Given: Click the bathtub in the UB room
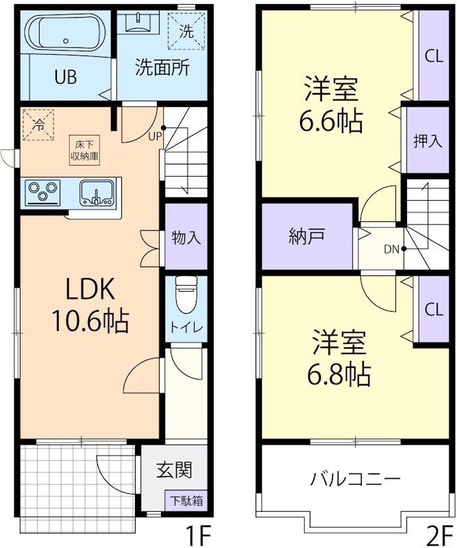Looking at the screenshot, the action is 65,34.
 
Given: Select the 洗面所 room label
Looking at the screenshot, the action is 162,67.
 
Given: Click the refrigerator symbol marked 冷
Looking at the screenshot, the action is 38,125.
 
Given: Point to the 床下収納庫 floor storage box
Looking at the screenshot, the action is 84,150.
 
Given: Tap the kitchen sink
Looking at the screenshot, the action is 97,192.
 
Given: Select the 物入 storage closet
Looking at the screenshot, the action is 186,236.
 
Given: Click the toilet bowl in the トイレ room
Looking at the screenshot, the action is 186,294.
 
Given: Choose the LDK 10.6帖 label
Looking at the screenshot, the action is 90,305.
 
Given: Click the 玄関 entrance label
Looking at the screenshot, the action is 174,470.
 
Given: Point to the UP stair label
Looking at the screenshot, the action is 155,136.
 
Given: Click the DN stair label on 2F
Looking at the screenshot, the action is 392,249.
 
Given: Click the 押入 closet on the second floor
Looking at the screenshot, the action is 428,140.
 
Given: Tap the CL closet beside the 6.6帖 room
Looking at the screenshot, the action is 434,55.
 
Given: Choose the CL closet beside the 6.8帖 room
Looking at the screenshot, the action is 434,309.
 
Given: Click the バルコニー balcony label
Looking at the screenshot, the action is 355,478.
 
